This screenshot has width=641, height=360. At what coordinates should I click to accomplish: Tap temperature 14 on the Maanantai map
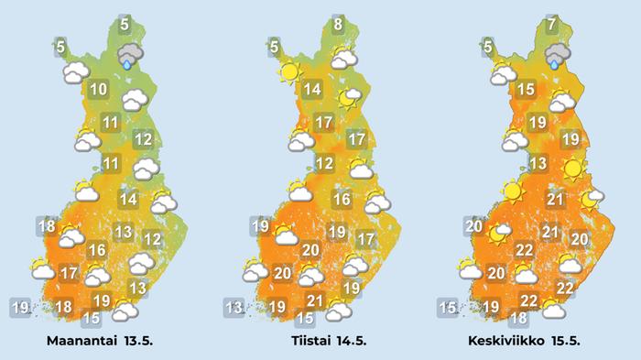tap(128, 200)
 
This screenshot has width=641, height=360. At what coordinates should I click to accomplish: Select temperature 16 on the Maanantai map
tap(97, 250)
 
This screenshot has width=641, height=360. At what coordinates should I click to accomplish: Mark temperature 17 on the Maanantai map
tap(68, 273)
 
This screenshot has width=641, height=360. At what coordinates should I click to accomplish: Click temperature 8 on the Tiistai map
tap(338, 25)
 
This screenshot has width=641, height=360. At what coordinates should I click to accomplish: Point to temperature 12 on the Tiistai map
tap(323, 164)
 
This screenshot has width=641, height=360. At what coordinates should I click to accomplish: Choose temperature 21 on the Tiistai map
tap(316, 300)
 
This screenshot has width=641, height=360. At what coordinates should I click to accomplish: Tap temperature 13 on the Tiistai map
tap(234, 307)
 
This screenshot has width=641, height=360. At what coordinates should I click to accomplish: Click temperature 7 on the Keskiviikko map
tap(552, 25)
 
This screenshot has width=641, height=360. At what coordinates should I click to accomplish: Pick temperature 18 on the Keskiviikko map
tap(518, 319)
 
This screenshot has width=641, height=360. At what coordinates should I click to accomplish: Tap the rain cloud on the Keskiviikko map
tap(555, 60)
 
